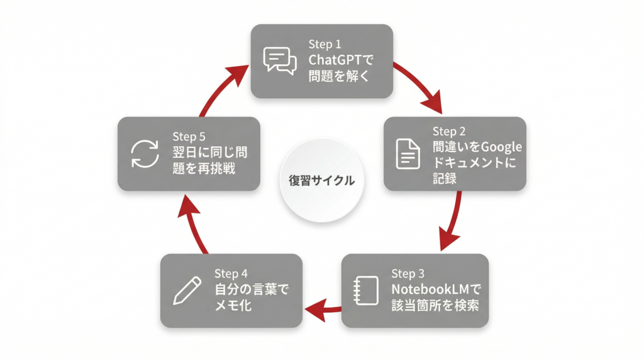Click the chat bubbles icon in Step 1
(279, 60)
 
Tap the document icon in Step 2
(407, 154)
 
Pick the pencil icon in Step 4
(187, 290)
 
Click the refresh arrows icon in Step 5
(144, 154)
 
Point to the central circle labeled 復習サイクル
(317, 181)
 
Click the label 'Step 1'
(325, 44)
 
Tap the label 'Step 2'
(449, 132)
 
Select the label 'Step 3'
(408, 274)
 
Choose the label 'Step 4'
(231, 274)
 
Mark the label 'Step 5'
(189, 136)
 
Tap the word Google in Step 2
(501, 147)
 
